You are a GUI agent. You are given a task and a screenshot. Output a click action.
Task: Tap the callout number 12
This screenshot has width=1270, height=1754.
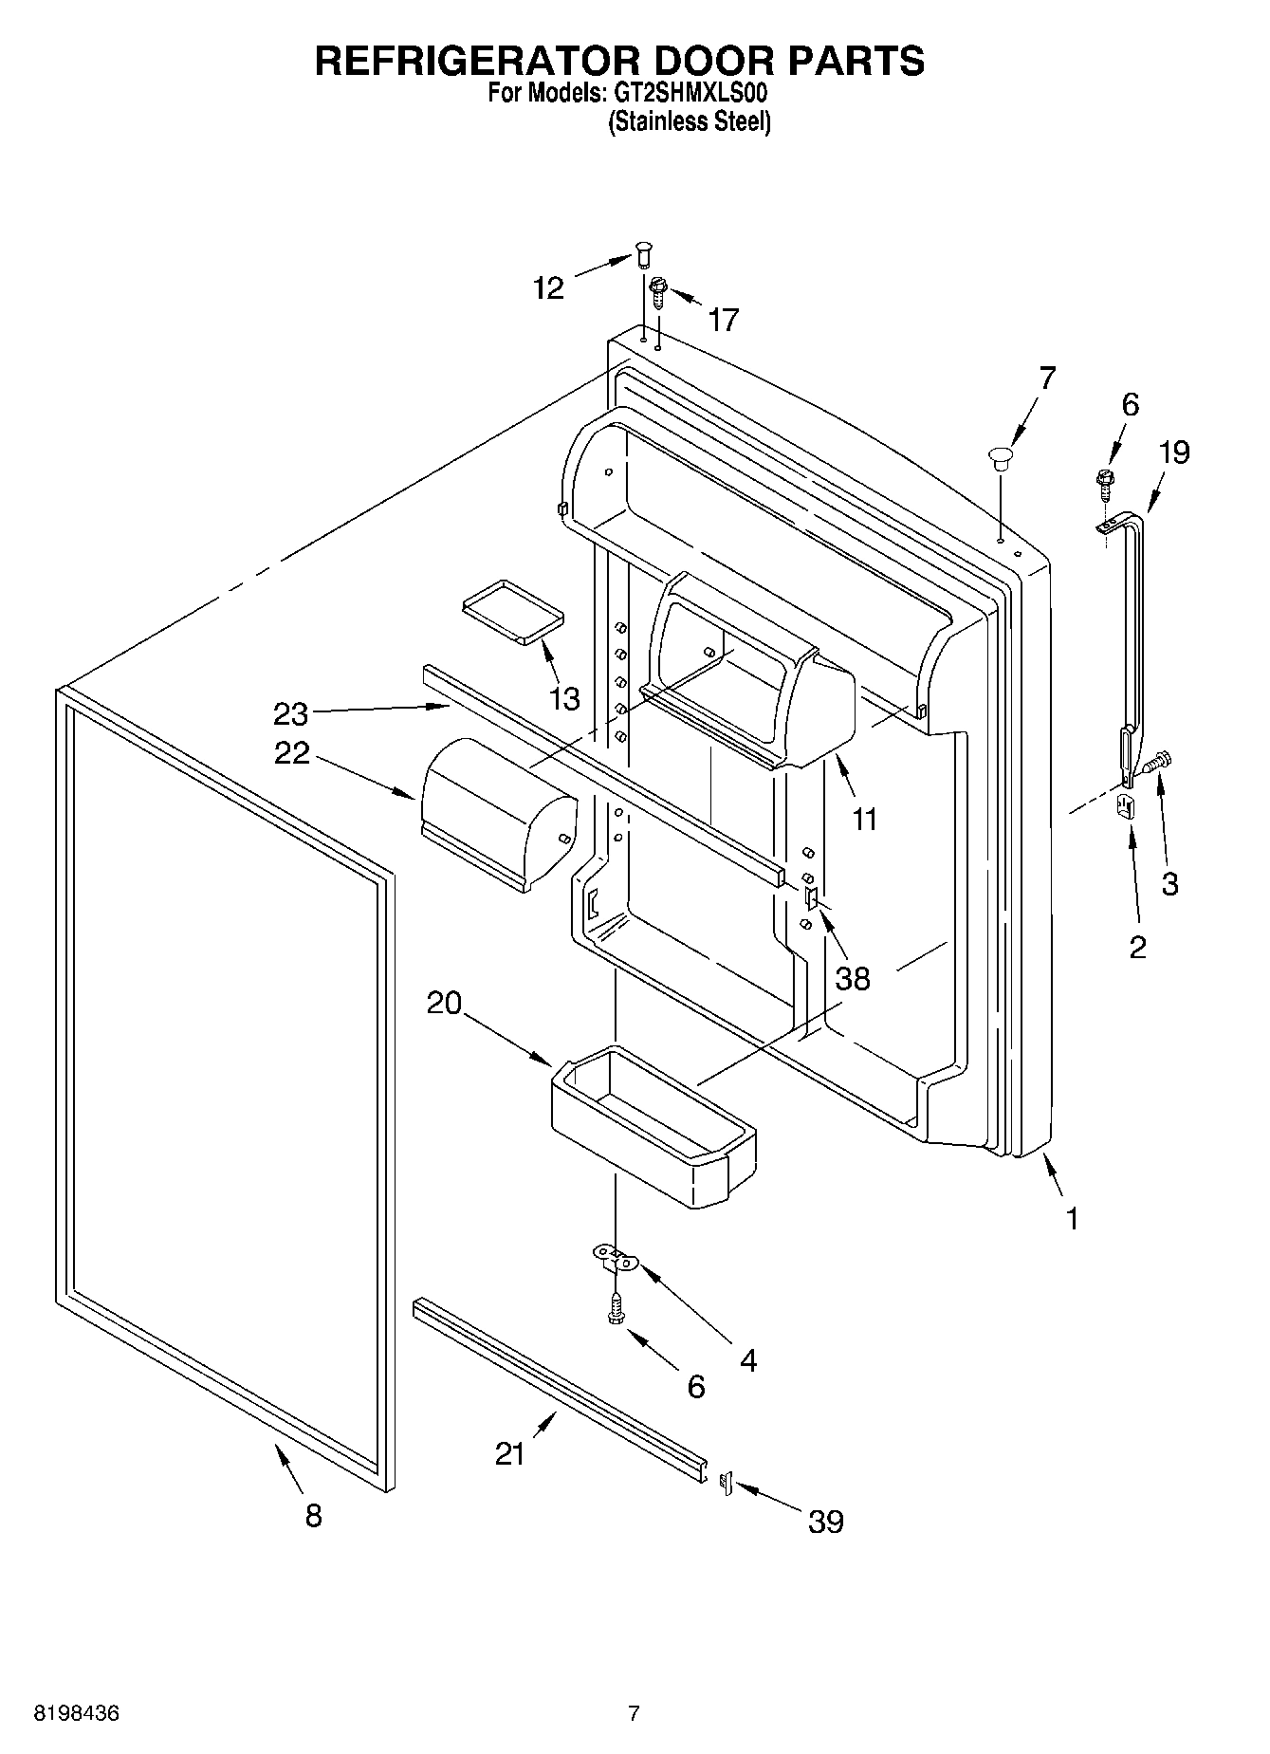[548, 288]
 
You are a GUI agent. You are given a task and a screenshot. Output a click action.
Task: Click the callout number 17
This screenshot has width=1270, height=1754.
[723, 321]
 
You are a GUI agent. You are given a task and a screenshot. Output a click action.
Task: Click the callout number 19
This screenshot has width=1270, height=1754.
[1173, 452]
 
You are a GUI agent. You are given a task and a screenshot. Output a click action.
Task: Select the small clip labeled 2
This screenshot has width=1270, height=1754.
[1126, 805]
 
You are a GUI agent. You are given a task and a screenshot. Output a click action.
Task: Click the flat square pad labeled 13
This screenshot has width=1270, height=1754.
[512, 612]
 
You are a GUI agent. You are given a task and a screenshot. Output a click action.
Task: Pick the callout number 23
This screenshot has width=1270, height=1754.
[291, 712]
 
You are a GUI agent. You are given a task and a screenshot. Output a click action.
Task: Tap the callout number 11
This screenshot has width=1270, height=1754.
[864, 819]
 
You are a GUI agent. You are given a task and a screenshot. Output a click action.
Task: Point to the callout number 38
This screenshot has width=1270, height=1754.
[853, 978]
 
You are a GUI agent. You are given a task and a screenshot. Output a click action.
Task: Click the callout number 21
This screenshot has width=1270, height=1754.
[510, 1453]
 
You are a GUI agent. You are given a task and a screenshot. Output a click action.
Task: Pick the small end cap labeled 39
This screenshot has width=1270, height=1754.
[727, 1482]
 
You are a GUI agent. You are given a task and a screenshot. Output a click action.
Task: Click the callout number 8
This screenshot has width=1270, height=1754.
[314, 1515]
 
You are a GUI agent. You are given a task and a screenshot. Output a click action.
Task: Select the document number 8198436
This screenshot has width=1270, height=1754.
[77, 1713]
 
